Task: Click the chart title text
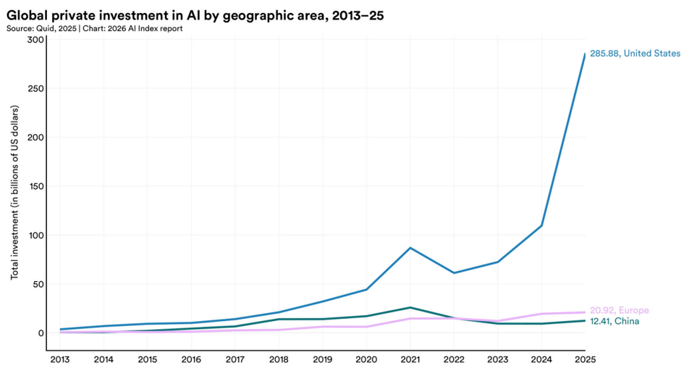point(195,16)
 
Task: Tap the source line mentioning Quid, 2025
point(94,29)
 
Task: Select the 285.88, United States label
point(635,53)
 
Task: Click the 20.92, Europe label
point(619,310)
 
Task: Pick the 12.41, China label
point(615,321)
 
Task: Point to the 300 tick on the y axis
point(35,40)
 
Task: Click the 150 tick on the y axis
point(35,186)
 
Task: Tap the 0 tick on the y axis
point(41,333)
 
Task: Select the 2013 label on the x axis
point(60,359)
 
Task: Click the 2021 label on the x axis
point(410,359)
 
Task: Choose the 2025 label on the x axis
point(585,359)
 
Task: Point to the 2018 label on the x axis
point(279,359)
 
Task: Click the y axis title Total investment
point(14,192)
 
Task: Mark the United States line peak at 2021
point(410,248)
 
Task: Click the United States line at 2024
point(541,225)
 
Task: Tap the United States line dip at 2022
point(454,272)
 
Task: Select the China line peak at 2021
point(410,308)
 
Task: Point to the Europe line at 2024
point(541,314)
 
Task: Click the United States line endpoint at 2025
point(585,54)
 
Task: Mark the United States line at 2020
point(366,289)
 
